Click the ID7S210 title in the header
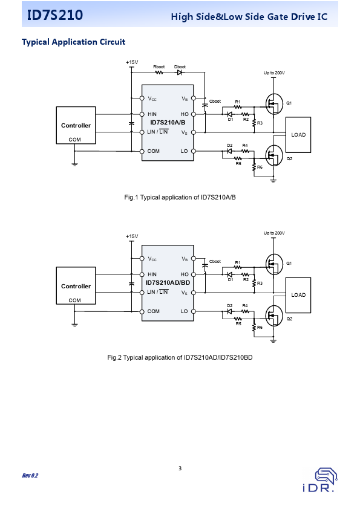tap(55, 15)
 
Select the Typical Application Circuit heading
tap(73, 42)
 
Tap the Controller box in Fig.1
tap(76, 125)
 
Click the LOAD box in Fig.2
tap(298, 295)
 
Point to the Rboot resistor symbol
tap(159, 73)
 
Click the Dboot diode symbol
tap(180, 73)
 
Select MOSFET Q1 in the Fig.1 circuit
tap(274, 104)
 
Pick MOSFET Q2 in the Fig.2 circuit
tap(274, 316)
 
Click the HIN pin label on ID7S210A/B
tap(152, 114)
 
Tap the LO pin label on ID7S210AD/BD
tap(184, 311)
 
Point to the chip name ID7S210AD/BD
tap(168, 283)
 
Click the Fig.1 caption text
tap(180, 197)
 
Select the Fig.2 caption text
tap(180, 358)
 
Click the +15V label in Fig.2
tap(132, 236)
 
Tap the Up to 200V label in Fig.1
tap(274, 73)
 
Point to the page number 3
tap(180, 468)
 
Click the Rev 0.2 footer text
tap(30, 476)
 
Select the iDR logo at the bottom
tap(321, 479)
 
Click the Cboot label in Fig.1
tap(215, 102)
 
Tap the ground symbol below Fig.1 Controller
tap(75, 164)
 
